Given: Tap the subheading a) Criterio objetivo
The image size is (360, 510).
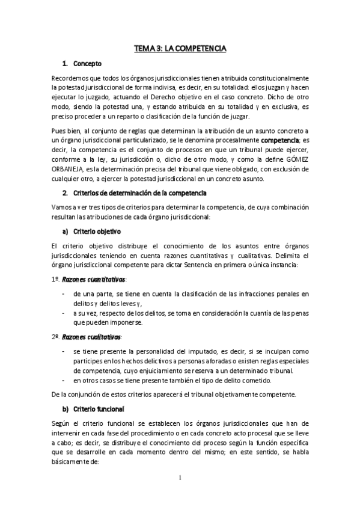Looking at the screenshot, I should click(97, 230).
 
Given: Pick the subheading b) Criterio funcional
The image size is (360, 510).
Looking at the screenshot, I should click(98, 409).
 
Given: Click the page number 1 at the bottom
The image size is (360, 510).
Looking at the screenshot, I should click(180, 478).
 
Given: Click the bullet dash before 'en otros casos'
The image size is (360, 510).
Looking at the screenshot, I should click(64, 379).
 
